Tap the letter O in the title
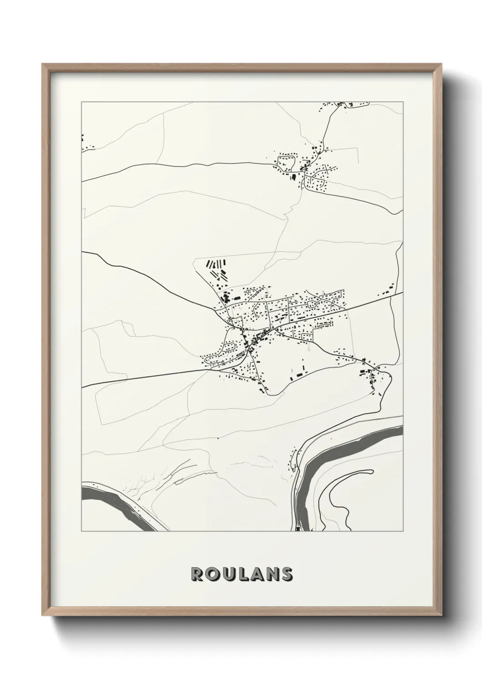[212, 575]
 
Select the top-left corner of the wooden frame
[43, 64]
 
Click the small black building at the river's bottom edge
[297, 529]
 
